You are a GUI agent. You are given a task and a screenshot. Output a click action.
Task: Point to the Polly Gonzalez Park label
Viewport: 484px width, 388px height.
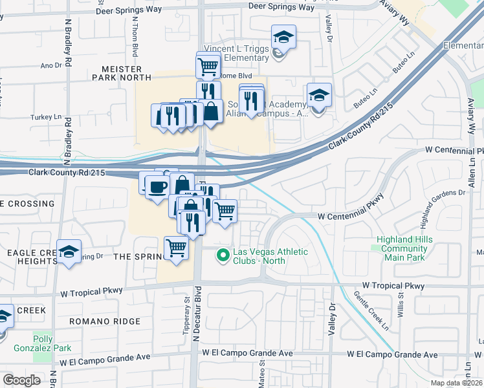[53, 343]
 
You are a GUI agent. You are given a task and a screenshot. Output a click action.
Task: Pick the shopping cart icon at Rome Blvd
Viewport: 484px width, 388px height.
[208, 65]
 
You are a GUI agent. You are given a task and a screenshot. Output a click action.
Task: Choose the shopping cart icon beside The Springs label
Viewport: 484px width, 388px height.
[176, 248]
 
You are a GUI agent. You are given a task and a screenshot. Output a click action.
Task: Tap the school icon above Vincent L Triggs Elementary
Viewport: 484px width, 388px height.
[283, 37]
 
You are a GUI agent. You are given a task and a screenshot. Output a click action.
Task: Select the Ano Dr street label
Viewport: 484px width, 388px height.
[50, 65]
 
